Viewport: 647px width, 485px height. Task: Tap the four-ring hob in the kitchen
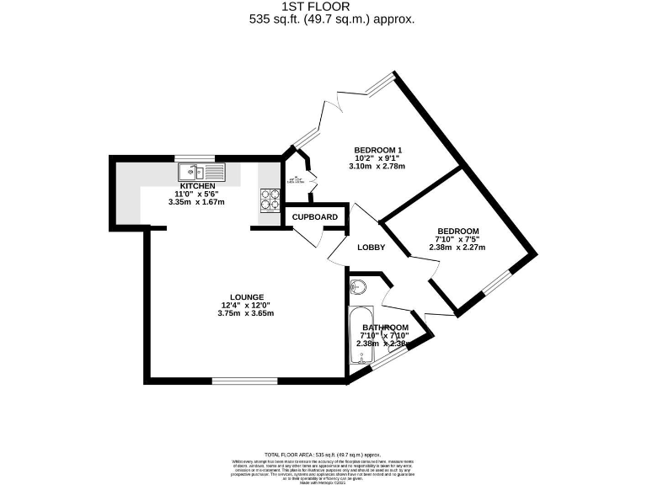pos(270,200)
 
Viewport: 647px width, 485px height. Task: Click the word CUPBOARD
pos(315,217)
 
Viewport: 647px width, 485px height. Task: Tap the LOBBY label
pos(371,248)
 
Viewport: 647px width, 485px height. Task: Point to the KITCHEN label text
pos(197,186)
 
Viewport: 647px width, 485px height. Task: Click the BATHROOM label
pos(386,327)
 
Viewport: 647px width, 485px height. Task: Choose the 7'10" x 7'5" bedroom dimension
pos(457,239)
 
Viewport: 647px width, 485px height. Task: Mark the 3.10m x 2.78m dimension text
pos(372,166)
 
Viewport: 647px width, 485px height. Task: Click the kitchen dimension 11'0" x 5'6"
pos(197,195)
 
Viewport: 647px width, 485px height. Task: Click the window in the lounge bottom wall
pos(243,381)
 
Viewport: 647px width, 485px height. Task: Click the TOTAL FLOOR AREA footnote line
pos(323,454)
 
